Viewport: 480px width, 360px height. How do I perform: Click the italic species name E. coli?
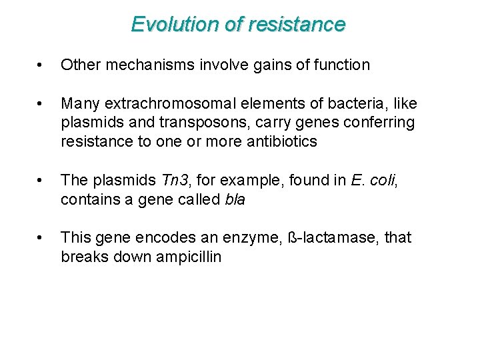pyautogui.click(x=369, y=181)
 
